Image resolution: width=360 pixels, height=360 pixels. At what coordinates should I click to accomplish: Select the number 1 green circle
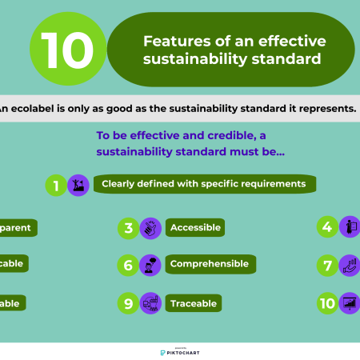tap(56, 185)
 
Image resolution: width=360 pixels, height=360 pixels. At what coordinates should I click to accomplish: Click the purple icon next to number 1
tap(78, 185)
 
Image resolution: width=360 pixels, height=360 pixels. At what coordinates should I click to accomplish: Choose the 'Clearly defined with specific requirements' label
tap(204, 184)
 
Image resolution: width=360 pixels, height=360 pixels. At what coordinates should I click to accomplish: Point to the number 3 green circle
tap(128, 228)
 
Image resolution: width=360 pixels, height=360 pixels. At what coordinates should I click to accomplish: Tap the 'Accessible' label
tap(194, 228)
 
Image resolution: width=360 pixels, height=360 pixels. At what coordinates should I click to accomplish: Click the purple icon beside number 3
tap(150, 228)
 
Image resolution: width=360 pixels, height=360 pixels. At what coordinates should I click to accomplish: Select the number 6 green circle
tap(128, 265)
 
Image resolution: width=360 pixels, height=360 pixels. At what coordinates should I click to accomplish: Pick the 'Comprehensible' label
tap(210, 264)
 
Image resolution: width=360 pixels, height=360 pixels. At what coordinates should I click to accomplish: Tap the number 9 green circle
tap(128, 303)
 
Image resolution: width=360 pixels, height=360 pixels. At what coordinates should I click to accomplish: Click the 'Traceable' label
tap(194, 304)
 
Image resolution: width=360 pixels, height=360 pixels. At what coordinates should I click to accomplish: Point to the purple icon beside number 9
tap(150, 303)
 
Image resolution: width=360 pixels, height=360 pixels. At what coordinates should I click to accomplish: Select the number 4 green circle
tap(326, 226)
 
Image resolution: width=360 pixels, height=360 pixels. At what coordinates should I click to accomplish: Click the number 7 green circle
tap(326, 265)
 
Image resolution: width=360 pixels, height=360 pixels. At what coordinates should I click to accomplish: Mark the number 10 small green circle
tap(326, 303)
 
